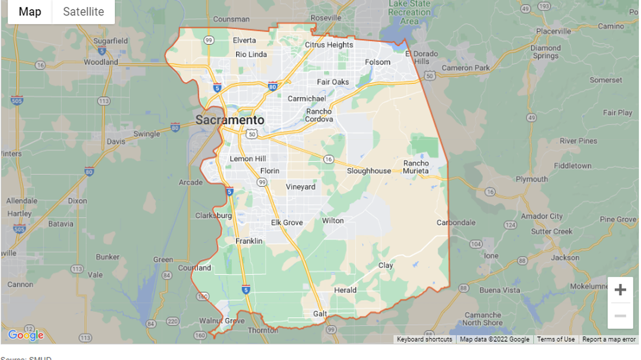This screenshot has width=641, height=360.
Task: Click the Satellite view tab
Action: pyautogui.click(x=83, y=12)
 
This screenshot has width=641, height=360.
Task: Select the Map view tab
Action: pyautogui.click(x=30, y=12)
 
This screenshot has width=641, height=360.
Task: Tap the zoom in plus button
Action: pyautogui.click(x=620, y=290)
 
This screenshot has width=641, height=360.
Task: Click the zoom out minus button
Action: pyautogui.click(x=620, y=316)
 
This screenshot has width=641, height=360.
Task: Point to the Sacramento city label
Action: pyautogui.click(x=230, y=120)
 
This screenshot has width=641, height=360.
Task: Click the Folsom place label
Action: pyautogui.click(x=378, y=62)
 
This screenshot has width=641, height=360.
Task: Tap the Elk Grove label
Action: pyautogui.click(x=287, y=223)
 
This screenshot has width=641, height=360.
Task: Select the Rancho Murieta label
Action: pyautogui.click(x=416, y=167)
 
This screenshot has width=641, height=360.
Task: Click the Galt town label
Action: pyautogui.click(x=320, y=314)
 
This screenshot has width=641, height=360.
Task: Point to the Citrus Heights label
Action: pyautogui.click(x=329, y=45)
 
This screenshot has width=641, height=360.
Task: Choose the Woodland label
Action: pyautogui.click(x=101, y=62)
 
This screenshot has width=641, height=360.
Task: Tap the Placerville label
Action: pyautogui.click(x=553, y=31)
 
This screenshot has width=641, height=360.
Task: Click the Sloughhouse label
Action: pyautogui.click(x=369, y=171)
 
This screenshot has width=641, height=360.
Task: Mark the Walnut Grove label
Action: pyautogui.click(x=222, y=321)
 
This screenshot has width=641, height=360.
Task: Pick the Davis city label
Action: pyautogui.click(x=116, y=142)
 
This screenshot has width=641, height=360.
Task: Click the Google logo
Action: pyautogui.click(x=26, y=335)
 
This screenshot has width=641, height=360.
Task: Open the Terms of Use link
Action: pyautogui.click(x=556, y=340)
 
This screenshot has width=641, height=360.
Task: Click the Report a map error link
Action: pyautogui.click(x=609, y=340)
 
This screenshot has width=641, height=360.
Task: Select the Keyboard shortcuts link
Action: pyautogui.click(x=424, y=340)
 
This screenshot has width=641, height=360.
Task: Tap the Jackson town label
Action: pyautogui.click(x=565, y=257)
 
